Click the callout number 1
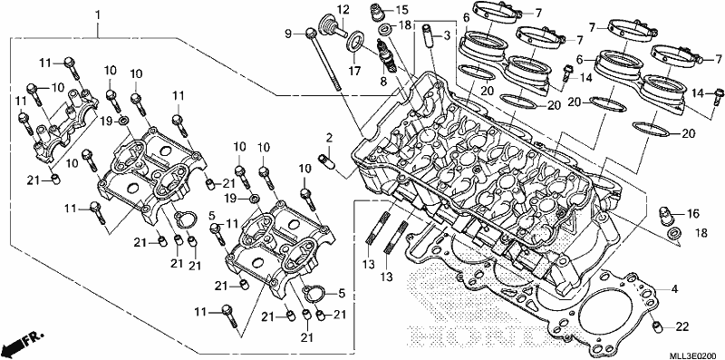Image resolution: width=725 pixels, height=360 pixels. pyautogui.click(x=98, y=15)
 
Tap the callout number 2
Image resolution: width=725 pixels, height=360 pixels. pyautogui.click(x=329, y=138)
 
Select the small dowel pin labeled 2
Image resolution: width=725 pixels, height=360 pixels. pyautogui.click(x=325, y=161)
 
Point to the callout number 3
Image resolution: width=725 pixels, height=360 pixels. pyautogui.click(x=446, y=36)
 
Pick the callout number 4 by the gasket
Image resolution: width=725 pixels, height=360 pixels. pyautogui.click(x=674, y=289)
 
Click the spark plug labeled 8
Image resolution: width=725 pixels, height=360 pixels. pyautogui.click(x=387, y=55)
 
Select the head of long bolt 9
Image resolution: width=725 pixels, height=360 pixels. pyautogui.click(x=312, y=33)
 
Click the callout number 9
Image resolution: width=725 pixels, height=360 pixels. pyautogui.click(x=288, y=33)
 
